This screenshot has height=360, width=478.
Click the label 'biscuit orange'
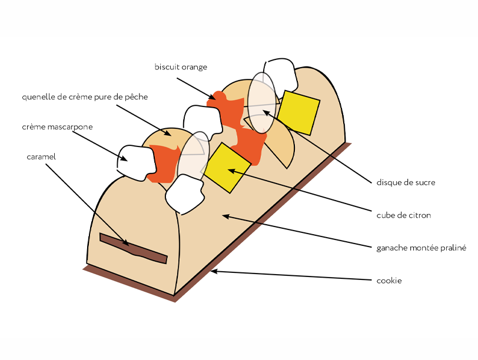tap(181, 67)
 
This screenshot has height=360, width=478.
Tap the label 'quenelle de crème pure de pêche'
tap(85, 97)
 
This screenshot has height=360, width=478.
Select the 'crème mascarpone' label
tap(57, 127)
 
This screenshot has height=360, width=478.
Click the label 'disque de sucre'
tap(406, 182)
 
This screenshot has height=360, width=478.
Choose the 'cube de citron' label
tap(403, 215)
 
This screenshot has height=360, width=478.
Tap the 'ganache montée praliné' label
tap(421, 248)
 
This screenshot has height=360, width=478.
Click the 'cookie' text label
tap(389, 281)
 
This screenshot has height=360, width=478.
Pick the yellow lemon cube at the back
tap(298, 112)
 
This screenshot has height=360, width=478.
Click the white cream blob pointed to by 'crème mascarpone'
tap(136, 162)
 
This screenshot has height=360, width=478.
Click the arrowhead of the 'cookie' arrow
tap(213, 271)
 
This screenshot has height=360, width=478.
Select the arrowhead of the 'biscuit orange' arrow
tap(215, 97)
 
